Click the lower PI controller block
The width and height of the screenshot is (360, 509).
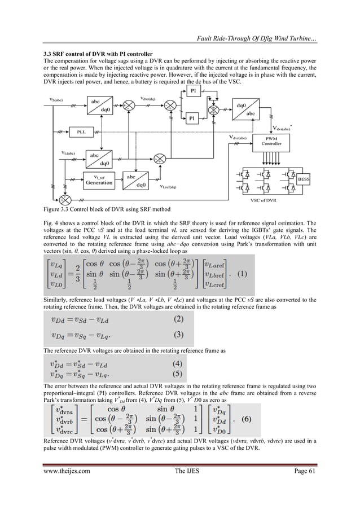(193, 119)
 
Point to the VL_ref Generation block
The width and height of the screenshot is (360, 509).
(99, 179)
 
